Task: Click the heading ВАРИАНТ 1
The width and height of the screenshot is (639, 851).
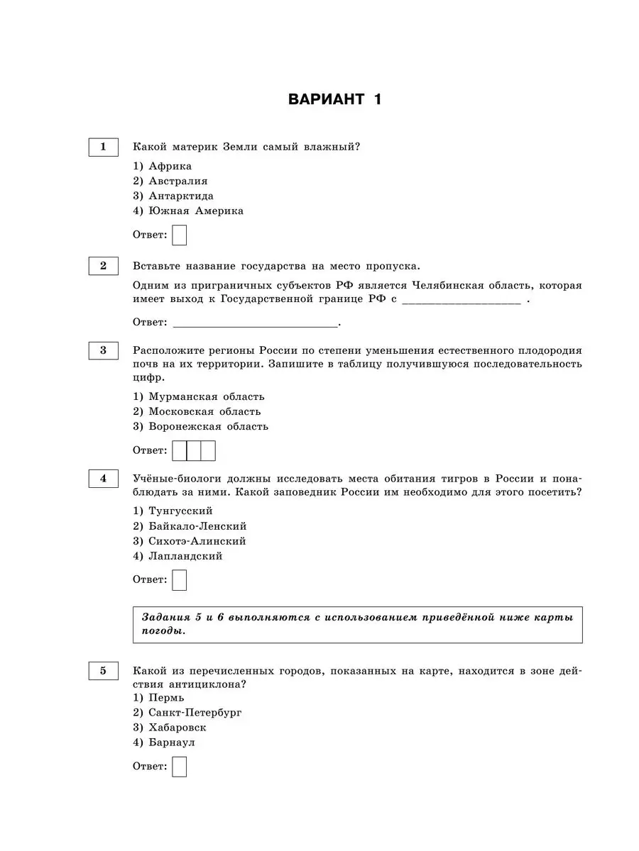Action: point(334,99)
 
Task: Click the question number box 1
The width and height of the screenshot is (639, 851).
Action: point(103,147)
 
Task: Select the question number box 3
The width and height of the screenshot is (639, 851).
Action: point(103,350)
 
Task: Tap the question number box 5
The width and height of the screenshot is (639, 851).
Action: point(103,671)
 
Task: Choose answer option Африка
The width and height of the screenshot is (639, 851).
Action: point(170,165)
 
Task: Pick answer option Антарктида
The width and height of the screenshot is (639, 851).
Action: point(180,196)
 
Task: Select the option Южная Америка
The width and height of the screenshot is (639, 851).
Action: point(195,211)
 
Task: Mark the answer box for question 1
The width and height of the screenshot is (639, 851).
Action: point(180,235)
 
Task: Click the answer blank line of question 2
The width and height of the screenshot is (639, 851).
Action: point(255,323)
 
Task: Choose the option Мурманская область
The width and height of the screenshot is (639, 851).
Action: point(206,396)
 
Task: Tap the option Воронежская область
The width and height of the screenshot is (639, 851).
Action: point(208,426)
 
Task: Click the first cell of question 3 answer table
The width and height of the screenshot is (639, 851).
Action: point(180,450)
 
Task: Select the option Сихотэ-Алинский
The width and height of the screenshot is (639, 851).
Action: point(197,541)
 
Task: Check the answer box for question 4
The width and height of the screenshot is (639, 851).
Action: point(180,580)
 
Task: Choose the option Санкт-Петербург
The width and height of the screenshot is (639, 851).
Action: point(195,712)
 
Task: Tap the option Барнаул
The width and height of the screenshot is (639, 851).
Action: point(172,742)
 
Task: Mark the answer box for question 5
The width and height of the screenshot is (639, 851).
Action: point(180,767)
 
